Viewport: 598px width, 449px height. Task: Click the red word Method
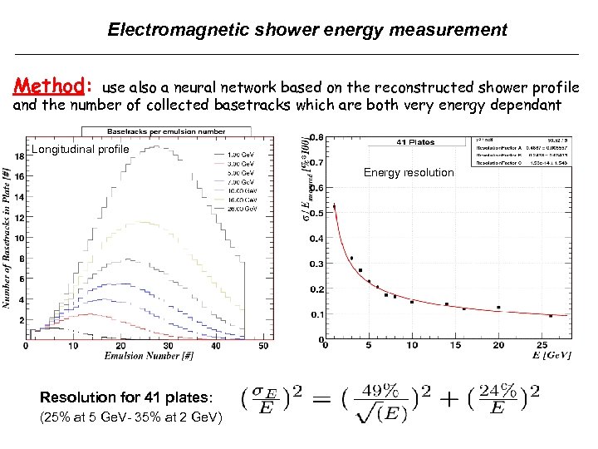(50, 86)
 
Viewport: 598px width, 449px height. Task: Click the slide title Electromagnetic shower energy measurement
(307, 30)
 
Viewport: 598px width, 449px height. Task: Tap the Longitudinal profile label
(81, 150)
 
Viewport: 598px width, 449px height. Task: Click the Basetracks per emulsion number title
(166, 131)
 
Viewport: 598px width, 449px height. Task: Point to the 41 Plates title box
(415, 141)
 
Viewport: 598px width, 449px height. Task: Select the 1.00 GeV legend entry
(241, 154)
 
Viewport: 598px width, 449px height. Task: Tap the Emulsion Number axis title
(149, 357)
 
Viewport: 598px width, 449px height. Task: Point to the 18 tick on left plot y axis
(19, 156)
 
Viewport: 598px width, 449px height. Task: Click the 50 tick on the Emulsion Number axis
(263, 346)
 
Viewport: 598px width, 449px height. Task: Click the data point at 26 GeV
(551, 316)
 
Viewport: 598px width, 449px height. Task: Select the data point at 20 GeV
(498, 308)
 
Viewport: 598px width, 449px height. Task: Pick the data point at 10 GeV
(412, 302)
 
